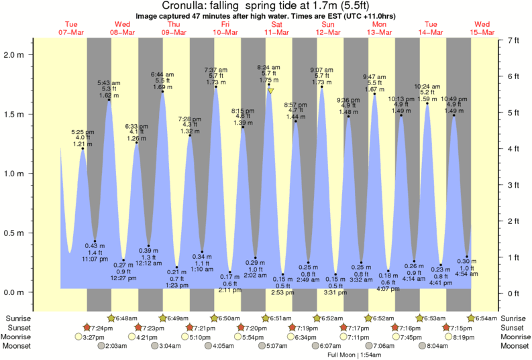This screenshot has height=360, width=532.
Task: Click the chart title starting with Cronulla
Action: tap(266, 6)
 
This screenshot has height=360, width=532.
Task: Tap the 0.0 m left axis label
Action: tap(16, 293)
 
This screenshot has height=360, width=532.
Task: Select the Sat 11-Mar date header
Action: tap(277, 28)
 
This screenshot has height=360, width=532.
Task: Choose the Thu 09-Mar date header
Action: tap(174, 28)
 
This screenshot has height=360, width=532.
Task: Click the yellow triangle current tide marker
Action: tap(270, 91)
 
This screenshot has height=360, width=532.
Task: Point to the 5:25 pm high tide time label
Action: tap(83, 132)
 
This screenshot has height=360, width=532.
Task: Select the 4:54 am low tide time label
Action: tap(466, 274)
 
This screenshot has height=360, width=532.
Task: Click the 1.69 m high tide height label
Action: tap(162, 86)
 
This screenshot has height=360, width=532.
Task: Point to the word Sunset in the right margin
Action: tap(514, 327)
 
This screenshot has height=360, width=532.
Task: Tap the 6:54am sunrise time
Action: tap(485, 317)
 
